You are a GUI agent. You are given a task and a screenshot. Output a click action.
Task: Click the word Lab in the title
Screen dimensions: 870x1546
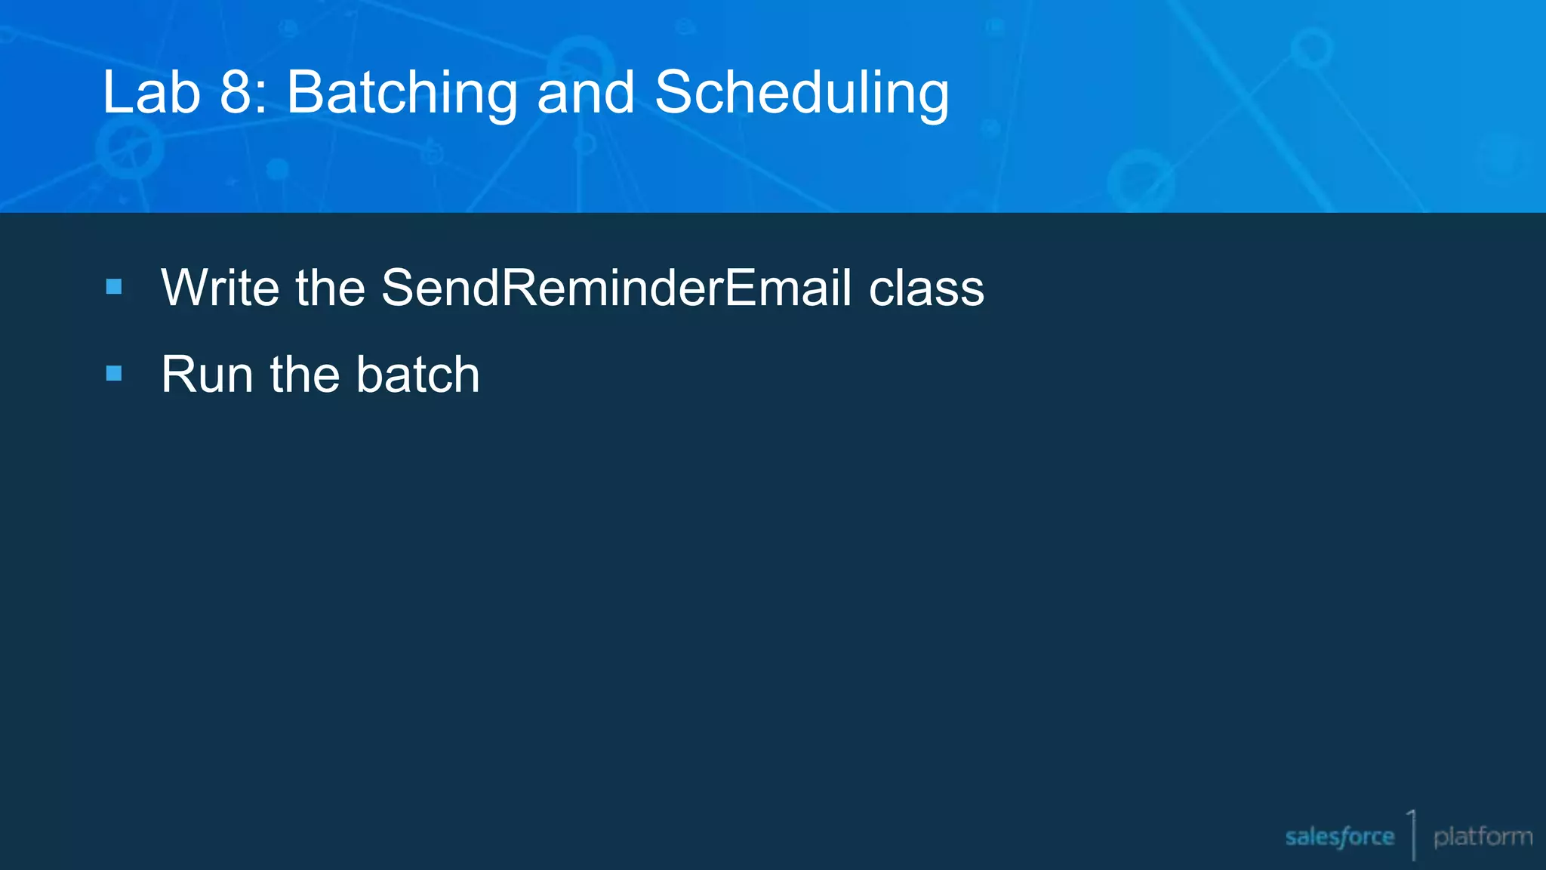pos(151,93)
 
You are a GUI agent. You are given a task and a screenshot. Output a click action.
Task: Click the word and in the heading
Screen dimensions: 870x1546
pos(585,93)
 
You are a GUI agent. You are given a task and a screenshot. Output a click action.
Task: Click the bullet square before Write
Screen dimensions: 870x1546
pos(114,287)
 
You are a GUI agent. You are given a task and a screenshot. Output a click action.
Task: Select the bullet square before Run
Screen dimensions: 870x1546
pos(114,373)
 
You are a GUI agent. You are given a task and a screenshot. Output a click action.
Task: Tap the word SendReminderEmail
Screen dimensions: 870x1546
pos(616,288)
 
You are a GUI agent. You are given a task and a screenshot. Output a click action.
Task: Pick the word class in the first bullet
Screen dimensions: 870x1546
pos(926,289)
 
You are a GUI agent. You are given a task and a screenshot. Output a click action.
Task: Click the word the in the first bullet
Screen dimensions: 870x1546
pos(330,288)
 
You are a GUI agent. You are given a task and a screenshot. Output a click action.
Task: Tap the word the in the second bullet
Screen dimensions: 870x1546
pos(305,375)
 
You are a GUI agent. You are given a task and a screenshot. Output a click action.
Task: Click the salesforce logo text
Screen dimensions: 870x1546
pos(1339,837)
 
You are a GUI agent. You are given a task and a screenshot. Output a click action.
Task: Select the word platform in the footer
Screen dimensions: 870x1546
pos(1483,837)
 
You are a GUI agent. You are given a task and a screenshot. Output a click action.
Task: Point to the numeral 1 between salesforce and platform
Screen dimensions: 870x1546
pos(1412,831)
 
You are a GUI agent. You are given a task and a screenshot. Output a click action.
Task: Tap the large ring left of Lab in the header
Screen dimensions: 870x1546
pos(130,147)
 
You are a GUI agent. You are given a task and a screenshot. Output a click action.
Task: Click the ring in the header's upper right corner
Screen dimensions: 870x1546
pos(1311,47)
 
